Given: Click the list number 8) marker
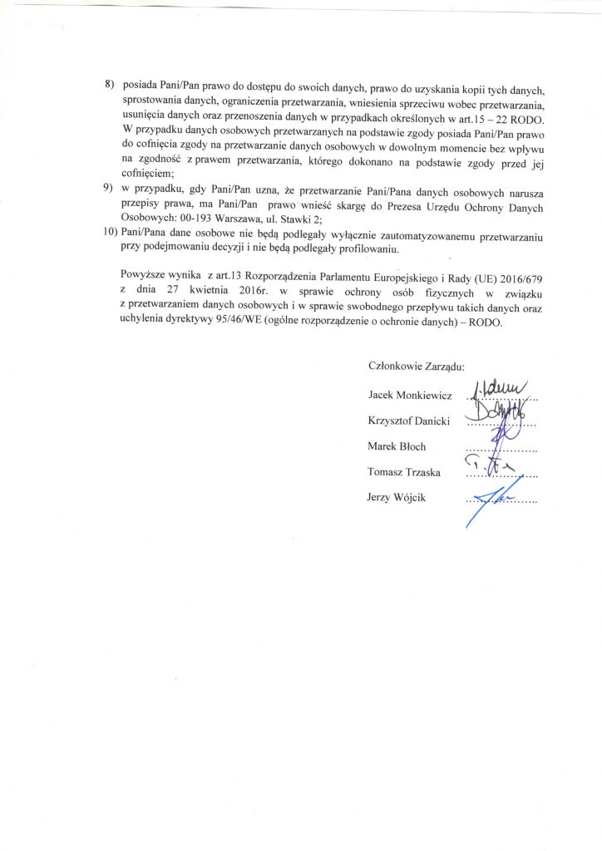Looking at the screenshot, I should click(x=109, y=85).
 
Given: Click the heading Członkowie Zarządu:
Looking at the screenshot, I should click(x=416, y=365).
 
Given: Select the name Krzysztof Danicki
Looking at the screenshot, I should click(x=407, y=421).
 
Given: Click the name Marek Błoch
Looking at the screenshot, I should click(x=397, y=446).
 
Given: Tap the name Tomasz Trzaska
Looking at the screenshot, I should click(x=404, y=472).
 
